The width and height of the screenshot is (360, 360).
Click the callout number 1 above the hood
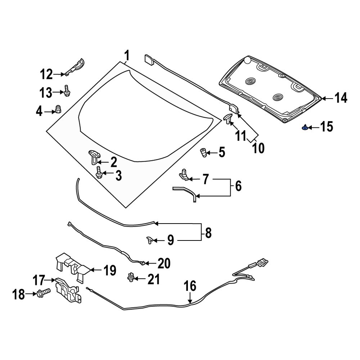click(126, 56)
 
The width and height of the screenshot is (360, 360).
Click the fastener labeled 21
click(131, 277)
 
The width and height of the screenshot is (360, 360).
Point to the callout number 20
click(163, 264)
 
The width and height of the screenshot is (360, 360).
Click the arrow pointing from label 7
click(194, 179)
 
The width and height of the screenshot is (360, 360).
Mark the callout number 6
click(238, 186)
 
